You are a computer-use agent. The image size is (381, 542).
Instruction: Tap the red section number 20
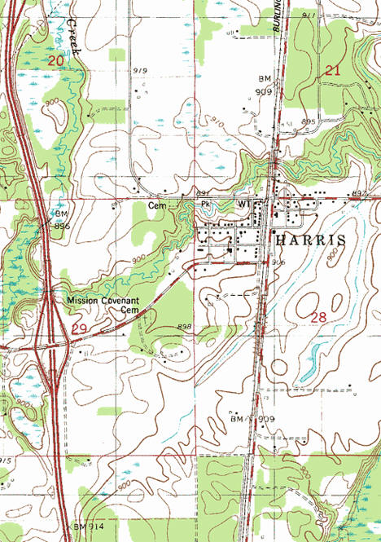pos(55,61)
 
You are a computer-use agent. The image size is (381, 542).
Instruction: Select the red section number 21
pos(331,71)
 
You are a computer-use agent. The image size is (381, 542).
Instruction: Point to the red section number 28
pos(318,315)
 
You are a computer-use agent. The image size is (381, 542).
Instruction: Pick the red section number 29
pos(79,328)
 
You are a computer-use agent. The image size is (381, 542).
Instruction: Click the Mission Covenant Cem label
pos(104,305)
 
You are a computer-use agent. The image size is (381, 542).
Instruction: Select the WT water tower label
pos(243,203)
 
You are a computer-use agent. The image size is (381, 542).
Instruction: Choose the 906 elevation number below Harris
pos(278,262)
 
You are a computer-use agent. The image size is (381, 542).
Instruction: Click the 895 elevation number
pos(308,121)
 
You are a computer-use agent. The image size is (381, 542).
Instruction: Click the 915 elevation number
pos(7,461)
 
